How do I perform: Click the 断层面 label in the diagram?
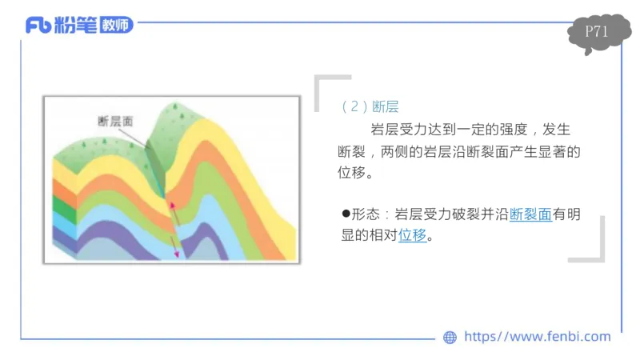[x=114, y=121]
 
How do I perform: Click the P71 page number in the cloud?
[x=596, y=32]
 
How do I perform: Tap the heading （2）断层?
[x=369, y=106]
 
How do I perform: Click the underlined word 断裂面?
[x=530, y=214]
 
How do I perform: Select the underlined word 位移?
[x=412, y=236]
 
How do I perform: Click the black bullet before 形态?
[x=346, y=214]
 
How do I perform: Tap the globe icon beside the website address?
[x=450, y=338]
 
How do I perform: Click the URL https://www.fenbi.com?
[x=537, y=337]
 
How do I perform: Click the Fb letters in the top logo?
[x=38, y=26]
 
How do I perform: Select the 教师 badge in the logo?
[x=117, y=26]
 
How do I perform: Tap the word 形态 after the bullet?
[x=365, y=214]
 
